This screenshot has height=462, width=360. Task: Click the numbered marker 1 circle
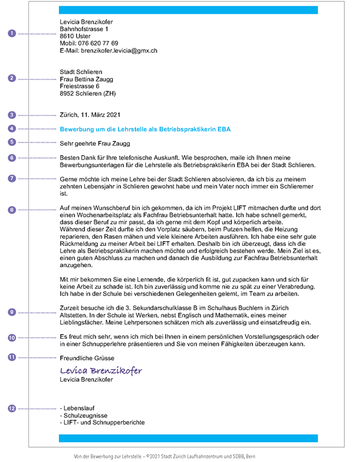12,34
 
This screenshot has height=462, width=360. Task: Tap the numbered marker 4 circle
12,128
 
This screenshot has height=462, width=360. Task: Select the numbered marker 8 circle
12,210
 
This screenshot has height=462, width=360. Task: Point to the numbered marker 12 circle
12,408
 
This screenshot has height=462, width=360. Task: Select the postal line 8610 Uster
75,36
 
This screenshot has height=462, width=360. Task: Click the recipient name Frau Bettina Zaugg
86,80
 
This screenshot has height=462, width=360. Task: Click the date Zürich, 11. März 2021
90,114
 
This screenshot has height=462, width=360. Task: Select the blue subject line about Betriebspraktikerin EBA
145,129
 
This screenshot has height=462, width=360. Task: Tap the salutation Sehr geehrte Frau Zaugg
95,143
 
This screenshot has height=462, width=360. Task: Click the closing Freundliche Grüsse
87,358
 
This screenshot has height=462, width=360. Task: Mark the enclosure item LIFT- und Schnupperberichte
102,423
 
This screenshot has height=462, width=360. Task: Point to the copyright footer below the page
165,456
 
